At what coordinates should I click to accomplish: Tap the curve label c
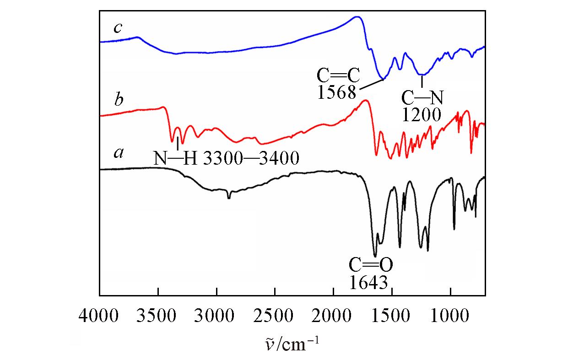click(x=118, y=28)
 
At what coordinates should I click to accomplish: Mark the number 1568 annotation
click(x=336, y=92)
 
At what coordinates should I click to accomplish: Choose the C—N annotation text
click(x=423, y=97)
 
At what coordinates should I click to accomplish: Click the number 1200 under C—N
click(x=422, y=114)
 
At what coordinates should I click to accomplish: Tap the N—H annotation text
click(x=176, y=158)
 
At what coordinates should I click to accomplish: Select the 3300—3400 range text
click(x=251, y=158)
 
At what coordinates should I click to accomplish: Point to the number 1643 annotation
click(x=369, y=282)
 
